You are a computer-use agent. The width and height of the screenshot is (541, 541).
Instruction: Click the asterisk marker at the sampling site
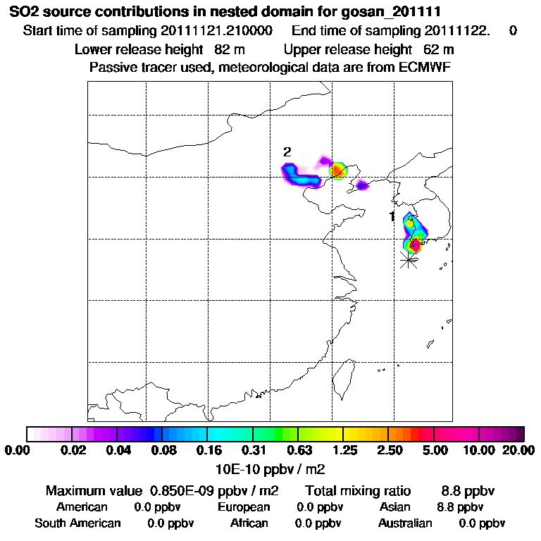click(408, 260)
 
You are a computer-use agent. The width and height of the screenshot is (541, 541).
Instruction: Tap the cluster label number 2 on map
click(287, 151)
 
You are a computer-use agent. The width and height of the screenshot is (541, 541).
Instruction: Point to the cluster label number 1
click(392, 216)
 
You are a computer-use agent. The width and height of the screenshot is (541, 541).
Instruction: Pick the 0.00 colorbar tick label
click(20, 450)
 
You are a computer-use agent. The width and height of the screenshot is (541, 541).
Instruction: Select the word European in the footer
click(243, 507)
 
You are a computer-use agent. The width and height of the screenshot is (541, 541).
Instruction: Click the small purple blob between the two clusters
click(363, 185)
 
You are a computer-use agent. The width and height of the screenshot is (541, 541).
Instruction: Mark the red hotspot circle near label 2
click(338, 170)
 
